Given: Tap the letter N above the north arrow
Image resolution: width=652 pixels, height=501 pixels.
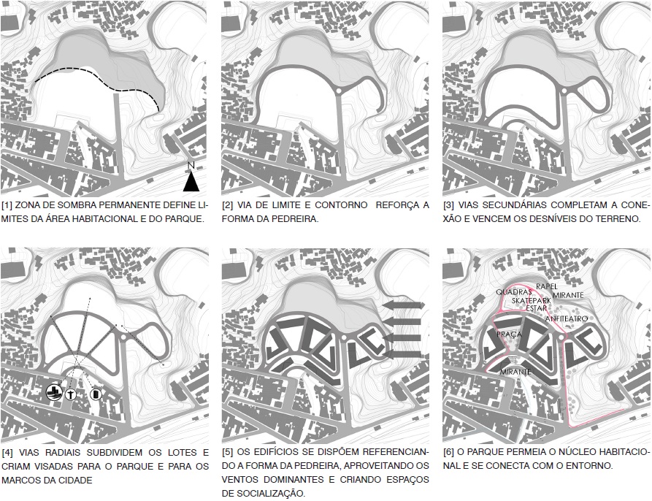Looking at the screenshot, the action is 191,166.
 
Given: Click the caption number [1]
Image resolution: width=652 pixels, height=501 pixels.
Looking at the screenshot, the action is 7,205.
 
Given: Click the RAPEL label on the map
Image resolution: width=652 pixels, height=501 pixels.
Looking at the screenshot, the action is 547,286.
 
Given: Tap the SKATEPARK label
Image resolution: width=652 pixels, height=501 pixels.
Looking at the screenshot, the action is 532,301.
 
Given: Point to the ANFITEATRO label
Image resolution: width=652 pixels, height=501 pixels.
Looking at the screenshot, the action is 567,319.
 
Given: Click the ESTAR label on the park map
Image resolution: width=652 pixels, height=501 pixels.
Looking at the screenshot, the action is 537,308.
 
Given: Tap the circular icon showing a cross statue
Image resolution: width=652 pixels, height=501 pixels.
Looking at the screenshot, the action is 71,394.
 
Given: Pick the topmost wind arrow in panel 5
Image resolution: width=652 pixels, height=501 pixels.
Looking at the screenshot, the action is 403,305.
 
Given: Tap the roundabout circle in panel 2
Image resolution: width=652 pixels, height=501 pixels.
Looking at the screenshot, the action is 338,91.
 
